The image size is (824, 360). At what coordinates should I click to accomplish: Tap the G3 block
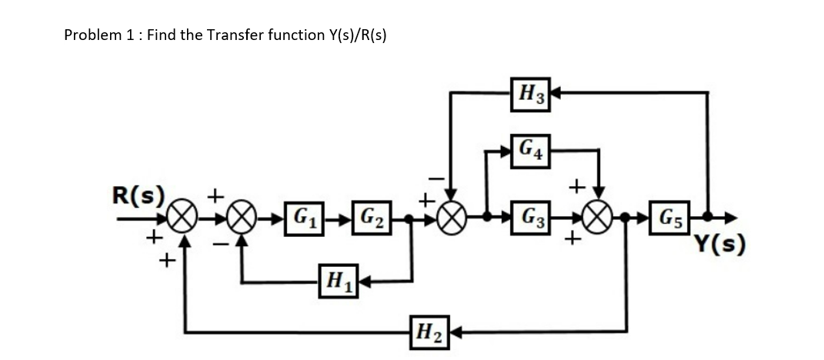pyautogui.click(x=532, y=217)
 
